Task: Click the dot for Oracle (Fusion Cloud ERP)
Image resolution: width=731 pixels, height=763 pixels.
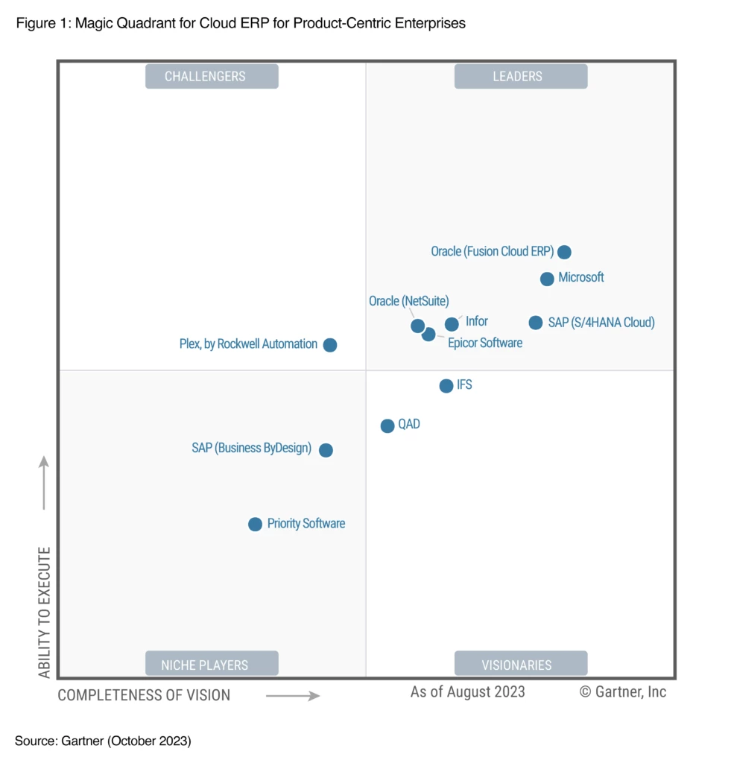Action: coord(564,252)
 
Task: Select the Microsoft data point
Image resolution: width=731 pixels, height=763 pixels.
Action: coord(547,279)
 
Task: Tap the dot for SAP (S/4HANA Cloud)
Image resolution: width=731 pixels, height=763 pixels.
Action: coord(536,323)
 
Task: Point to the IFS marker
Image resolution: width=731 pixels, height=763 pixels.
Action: coord(446,386)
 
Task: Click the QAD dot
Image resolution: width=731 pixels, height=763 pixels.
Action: coord(387,426)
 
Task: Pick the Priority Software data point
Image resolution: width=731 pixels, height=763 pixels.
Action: coord(255,525)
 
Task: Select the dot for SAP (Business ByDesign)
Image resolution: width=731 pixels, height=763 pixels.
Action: coord(326,450)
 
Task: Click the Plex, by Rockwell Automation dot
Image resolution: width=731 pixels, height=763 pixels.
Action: coord(330,345)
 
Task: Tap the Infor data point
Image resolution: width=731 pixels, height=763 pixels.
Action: coord(452,324)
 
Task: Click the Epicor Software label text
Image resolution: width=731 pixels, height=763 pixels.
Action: coord(485,343)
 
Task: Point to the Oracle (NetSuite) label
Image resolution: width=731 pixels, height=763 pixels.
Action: coord(409,301)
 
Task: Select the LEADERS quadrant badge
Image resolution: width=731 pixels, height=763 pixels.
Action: coord(520,76)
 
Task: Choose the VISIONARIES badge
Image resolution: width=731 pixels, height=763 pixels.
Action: coord(520,664)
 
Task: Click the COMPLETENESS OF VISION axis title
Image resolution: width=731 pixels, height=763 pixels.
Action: coord(144,695)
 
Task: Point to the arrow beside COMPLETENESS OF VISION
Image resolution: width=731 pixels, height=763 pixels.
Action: coord(292,696)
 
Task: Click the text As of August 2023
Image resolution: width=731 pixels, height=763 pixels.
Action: coord(467,691)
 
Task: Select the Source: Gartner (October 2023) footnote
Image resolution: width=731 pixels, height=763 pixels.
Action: coord(103,741)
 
